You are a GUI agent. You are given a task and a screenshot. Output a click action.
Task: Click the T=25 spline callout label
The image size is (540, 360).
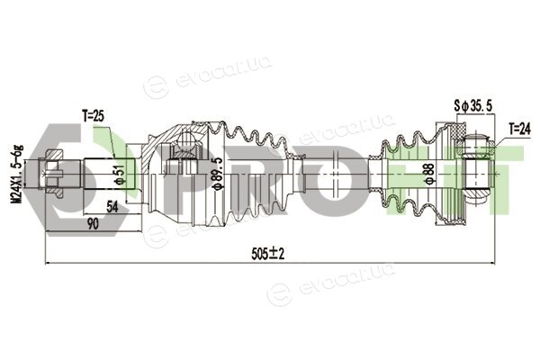93,116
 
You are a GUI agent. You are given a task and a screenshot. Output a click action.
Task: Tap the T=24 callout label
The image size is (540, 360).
519,130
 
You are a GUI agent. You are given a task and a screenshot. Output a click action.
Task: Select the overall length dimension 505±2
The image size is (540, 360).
268,254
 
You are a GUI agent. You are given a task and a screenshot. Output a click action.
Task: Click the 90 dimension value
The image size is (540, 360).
93,224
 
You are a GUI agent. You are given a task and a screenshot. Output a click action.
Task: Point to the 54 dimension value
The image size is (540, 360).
112,207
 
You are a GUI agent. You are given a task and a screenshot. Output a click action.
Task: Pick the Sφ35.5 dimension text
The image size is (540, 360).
473,106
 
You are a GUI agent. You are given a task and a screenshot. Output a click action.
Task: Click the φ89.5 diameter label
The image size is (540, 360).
219,173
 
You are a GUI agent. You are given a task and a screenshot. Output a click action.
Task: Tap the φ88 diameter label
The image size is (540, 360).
429,175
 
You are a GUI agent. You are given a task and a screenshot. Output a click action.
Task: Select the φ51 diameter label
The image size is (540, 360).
119,175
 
